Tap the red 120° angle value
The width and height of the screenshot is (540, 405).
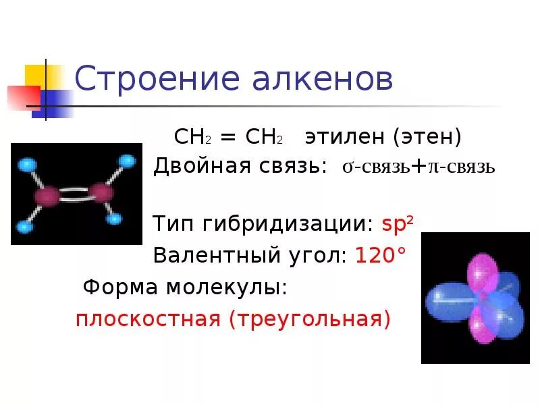(381, 255)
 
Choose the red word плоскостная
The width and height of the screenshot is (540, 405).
(148, 318)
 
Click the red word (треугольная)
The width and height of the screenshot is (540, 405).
(310, 318)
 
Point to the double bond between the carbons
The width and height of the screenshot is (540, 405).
(74, 195)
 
